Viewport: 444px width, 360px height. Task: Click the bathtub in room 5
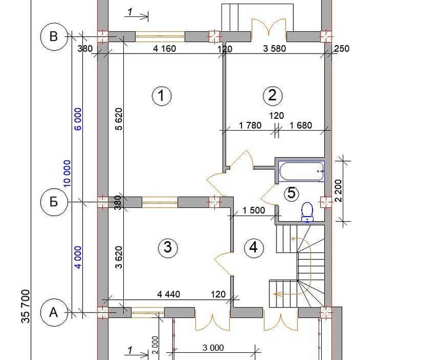[x=301, y=171]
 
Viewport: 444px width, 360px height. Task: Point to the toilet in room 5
[x=307, y=212]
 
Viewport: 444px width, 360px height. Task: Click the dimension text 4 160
[x=164, y=49]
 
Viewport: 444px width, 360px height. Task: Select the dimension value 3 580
[x=274, y=49]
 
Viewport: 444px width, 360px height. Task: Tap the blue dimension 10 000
[x=67, y=173]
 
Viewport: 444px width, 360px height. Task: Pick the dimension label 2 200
[x=339, y=190]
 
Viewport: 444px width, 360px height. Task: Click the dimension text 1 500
[x=254, y=210]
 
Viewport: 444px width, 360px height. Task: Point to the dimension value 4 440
[x=169, y=294]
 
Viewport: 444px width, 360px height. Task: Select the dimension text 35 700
[x=25, y=306]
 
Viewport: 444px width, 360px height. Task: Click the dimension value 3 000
[x=213, y=348]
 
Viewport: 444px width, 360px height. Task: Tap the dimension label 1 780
[x=250, y=125]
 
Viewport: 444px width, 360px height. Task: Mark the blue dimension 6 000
[x=78, y=119]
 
